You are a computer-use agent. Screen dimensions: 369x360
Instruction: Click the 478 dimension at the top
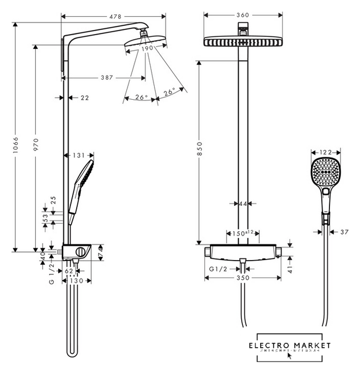115,17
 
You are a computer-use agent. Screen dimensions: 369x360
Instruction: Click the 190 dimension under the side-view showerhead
147,48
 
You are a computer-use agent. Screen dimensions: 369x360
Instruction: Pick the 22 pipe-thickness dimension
84,98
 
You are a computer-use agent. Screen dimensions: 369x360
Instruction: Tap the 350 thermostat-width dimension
243,278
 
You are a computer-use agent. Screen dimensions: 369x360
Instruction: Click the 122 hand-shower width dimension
326,152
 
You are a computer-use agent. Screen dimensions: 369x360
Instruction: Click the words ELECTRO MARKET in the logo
290,345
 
